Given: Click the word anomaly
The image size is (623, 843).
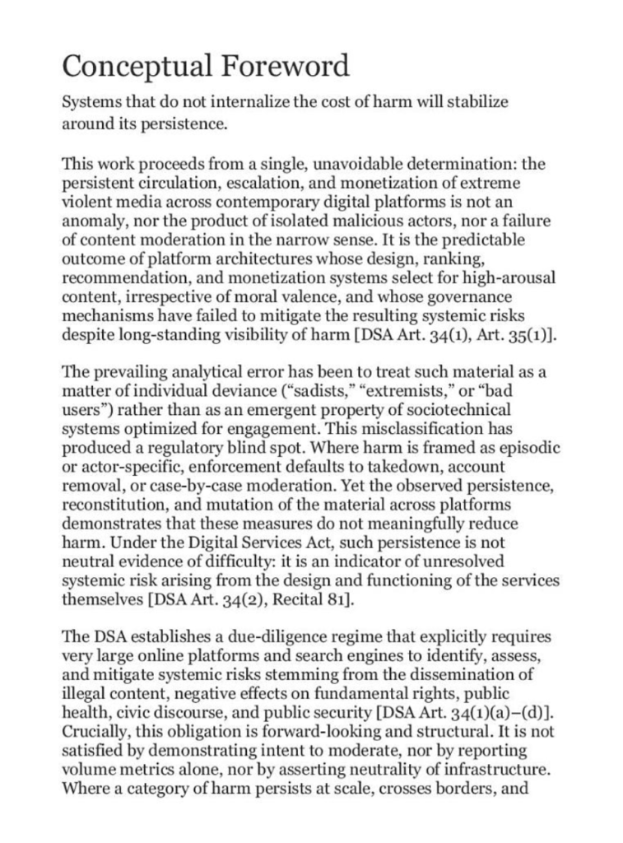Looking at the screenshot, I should click(x=94, y=221).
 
